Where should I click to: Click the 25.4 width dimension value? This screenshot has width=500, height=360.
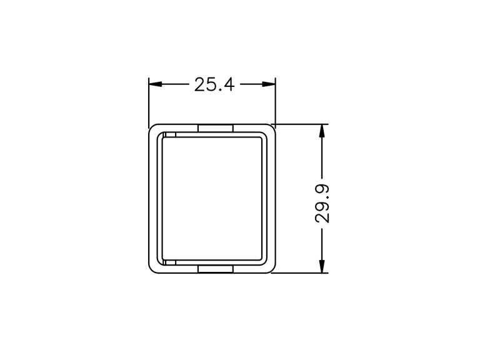[x=214, y=85]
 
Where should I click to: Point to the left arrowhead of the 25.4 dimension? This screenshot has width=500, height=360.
[x=156, y=84]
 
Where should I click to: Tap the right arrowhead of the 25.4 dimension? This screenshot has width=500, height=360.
[x=269, y=84]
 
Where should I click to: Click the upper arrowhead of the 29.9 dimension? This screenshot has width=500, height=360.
[x=322, y=131]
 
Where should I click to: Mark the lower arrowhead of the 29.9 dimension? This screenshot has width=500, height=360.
[x=322, y=266]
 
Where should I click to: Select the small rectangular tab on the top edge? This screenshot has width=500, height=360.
[x=216, y=128]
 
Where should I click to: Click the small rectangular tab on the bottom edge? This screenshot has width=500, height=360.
[x=216, y=269]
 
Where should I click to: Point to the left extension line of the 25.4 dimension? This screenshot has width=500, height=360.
[x=149, y=102]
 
